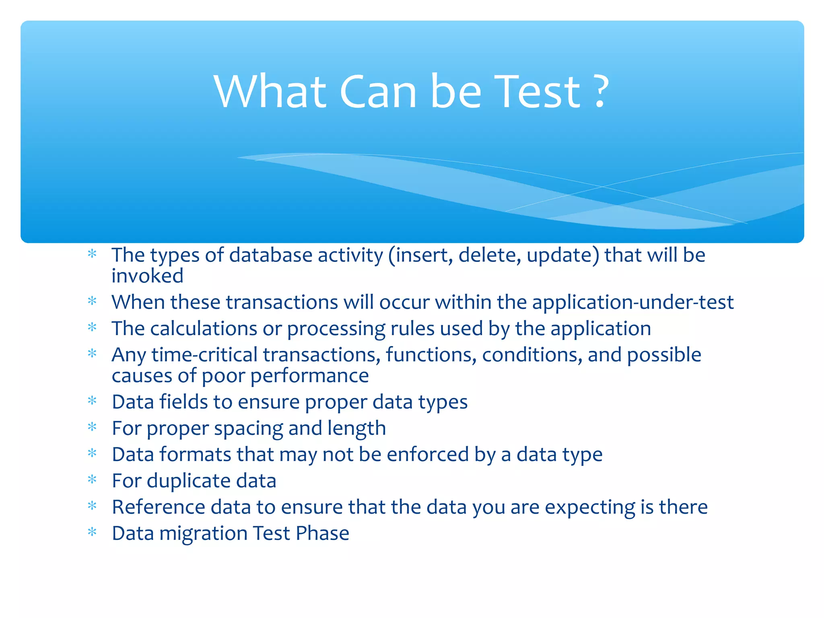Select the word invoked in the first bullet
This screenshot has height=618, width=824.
pyautogui.click(x=147, y=276)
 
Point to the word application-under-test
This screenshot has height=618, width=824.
pyautogui.click(x=633, y=303)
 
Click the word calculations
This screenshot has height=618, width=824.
pyautogui.click(x=203, y=329)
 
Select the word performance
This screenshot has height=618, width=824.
pyautogui.click(x=309, y=376)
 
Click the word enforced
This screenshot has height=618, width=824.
pyautogui.click(x=428, y=455)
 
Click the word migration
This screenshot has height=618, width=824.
pyautogui.click(x=203, y=534)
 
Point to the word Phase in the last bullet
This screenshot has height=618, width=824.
pyautogui.click(x=322, y=533)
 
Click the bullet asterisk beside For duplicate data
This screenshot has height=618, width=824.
pyautogui.click(x=92, y=480)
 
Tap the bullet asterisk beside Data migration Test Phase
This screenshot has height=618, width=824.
pyautogui.click(x=92, y=532)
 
